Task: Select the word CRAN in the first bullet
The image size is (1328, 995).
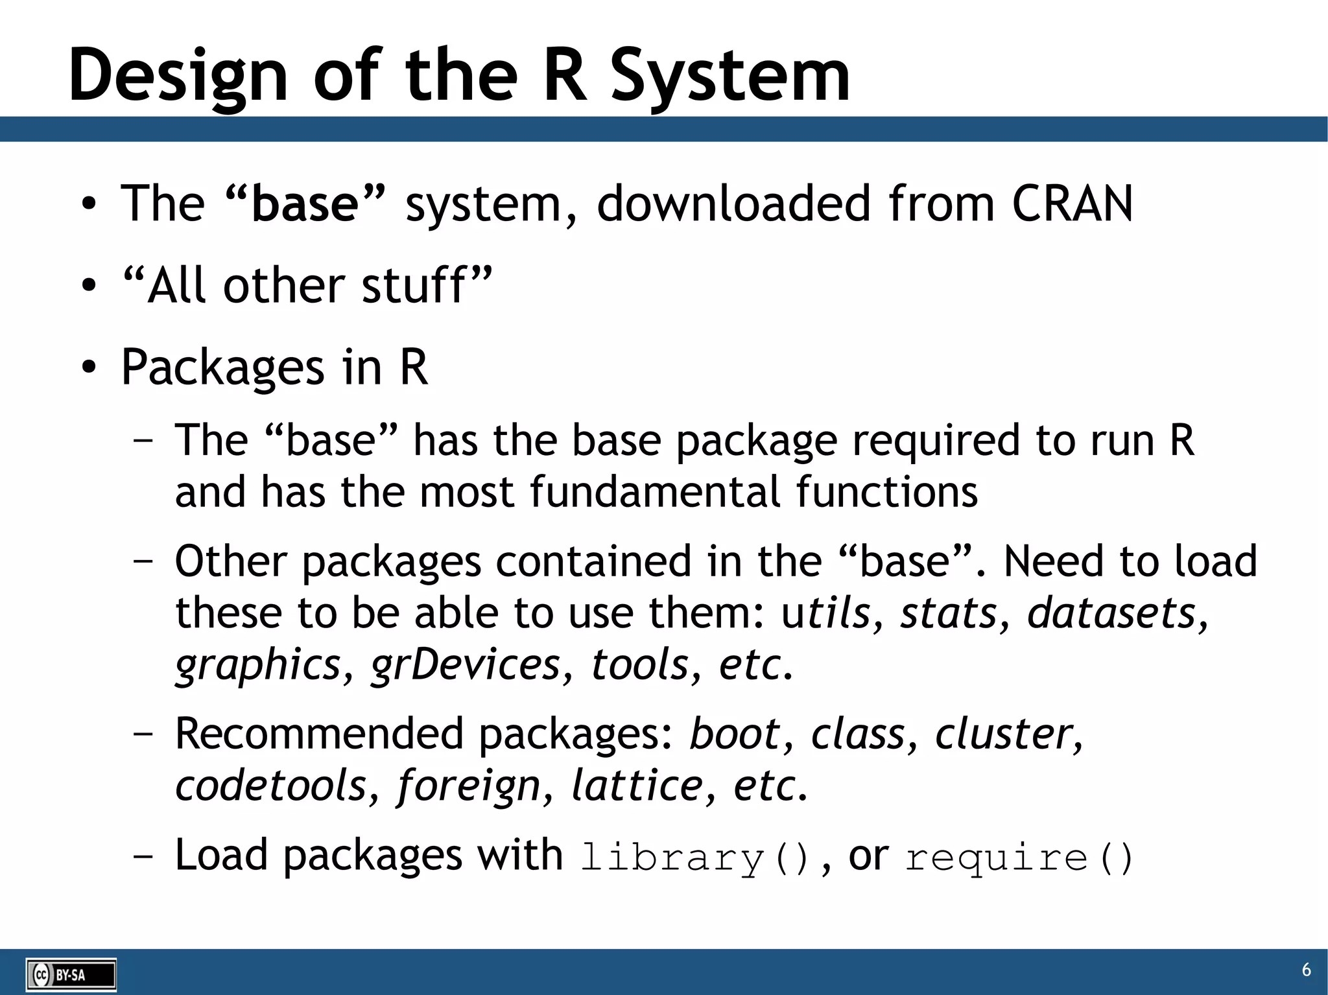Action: [x=1072, y=204]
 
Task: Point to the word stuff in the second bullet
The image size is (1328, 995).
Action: [x=413, y=285]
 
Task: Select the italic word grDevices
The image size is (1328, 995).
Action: [x=465, y=664]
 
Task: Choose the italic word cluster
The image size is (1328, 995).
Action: [x=1004, y=734]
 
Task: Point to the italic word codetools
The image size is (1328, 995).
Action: [x=271, y=786]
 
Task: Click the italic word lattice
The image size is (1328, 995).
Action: [x=637, y=786]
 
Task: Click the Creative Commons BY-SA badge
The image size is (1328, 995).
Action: [x=71, y=974]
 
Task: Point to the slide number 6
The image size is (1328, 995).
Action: [x=1306, y=970]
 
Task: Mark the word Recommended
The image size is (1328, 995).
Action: [x=319, y=734]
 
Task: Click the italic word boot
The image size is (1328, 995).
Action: [x=734, y=734]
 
